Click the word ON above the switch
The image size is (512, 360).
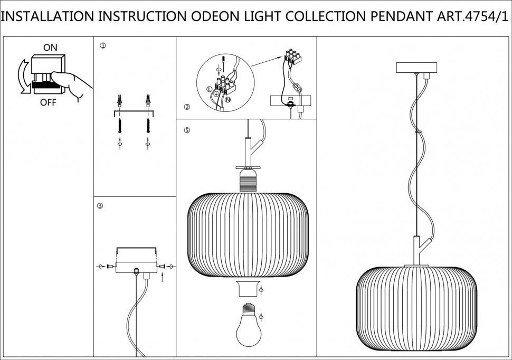point(50,48)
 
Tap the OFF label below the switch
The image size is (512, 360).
point(48,102)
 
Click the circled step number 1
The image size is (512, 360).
point(102,46)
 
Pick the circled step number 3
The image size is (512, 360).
point(100,205)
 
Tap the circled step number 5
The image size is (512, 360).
point(186,130)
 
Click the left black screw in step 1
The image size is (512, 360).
point(121,126)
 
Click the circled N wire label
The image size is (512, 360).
point(228,99)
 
